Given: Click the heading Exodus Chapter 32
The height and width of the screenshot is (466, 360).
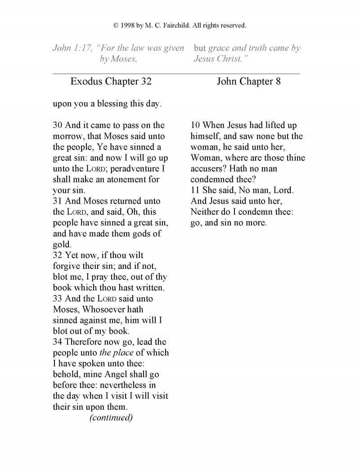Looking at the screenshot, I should [111, 81].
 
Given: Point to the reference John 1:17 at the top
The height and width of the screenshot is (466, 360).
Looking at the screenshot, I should [71, 48].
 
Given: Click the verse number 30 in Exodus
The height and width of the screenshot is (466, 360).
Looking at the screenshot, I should [58, 125].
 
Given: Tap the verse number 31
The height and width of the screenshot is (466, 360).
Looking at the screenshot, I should [58, 201].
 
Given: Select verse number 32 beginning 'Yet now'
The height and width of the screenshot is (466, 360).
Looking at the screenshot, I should [58, 255].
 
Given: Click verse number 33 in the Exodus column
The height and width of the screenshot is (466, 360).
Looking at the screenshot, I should [58, 299].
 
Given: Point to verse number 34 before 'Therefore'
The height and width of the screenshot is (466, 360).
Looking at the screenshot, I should [58, 342].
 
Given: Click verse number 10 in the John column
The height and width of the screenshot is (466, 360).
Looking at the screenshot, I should [195, 125].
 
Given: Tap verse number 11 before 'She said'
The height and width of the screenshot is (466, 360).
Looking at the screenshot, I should [195, 190].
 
